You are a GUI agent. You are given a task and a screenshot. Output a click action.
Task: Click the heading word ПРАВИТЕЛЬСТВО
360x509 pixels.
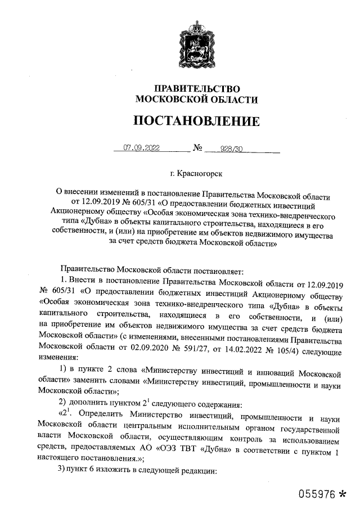click(x=197, y=89)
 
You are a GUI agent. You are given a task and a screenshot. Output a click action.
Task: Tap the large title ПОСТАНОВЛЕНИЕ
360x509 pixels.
click(x=196, y=121)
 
